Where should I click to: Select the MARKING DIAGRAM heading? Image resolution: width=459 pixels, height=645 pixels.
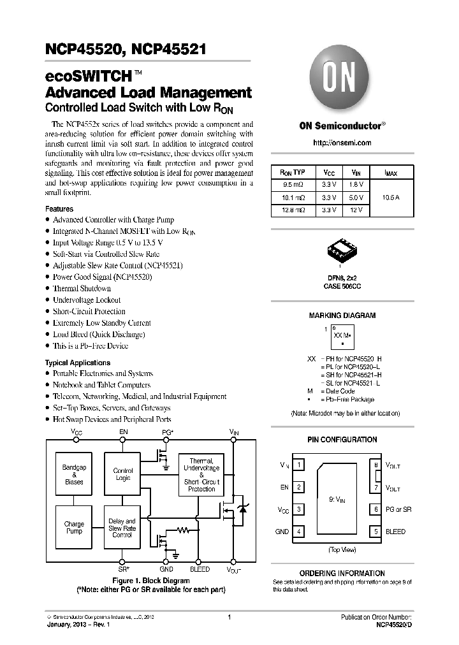[x=342, y=315]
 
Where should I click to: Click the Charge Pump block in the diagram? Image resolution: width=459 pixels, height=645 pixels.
[x=74, y=528]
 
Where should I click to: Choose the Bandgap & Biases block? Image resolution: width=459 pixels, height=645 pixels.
[x=74, y=475]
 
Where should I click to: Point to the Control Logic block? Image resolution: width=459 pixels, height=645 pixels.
[x=122, y=475]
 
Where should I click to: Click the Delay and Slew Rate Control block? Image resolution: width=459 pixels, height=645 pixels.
[x=122, y=528]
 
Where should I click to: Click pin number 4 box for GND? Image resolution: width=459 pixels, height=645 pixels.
[x=299, y=532]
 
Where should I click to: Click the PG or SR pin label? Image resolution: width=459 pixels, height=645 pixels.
[x=398, y=510]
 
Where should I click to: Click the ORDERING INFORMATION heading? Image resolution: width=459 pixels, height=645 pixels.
[x=342, y=573]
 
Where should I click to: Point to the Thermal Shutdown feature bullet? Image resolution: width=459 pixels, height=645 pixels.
[x=82, y=289]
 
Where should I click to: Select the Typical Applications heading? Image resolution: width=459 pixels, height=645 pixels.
[x=78, y=363]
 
